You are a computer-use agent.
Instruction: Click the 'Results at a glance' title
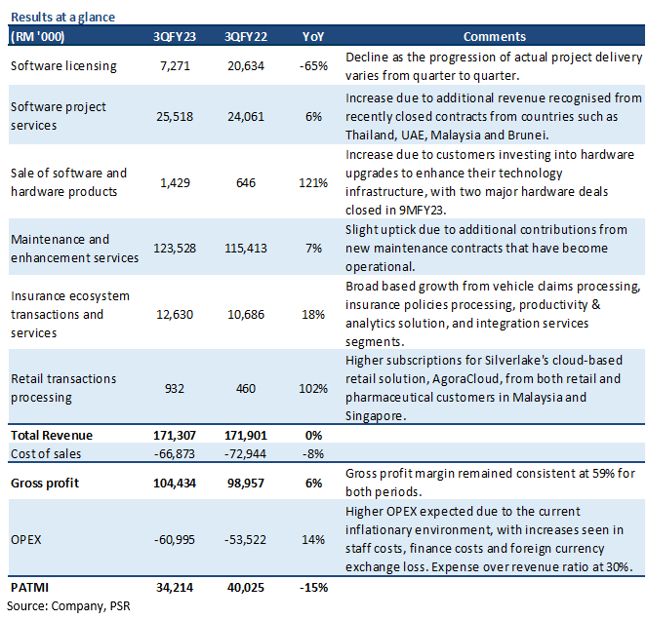tap(62, 17)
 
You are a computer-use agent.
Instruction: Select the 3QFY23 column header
tap(175, 37)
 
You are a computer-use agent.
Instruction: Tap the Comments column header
tap(495, 37)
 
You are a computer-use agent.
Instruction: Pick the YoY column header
tap(313, 37)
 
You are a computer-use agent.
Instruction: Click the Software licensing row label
tap(63, 66)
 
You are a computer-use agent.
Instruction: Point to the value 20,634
tap(246, 66)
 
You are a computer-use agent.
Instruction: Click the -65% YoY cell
tap(313, 66)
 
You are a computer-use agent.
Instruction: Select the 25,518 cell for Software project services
tap(175, 117)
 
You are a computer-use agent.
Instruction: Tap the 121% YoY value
tap(313, 182)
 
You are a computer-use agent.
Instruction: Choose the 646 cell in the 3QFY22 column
tap(246, 182)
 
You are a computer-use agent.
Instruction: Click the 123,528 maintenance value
tap(175, 249)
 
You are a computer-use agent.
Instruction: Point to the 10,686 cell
tap(246, 315)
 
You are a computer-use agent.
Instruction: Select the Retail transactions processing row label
tap(63, 388)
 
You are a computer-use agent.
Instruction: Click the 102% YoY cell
tap(313, 388)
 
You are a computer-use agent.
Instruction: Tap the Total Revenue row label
tap(52, 436)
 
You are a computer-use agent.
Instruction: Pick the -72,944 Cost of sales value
tap(246, 454)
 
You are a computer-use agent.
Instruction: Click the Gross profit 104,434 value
tap(175, 483)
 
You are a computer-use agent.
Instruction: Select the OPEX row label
tap(26, 540)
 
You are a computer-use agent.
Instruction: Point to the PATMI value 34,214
tap(175, 588)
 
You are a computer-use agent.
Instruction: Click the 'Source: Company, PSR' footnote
tap(68, 606)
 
